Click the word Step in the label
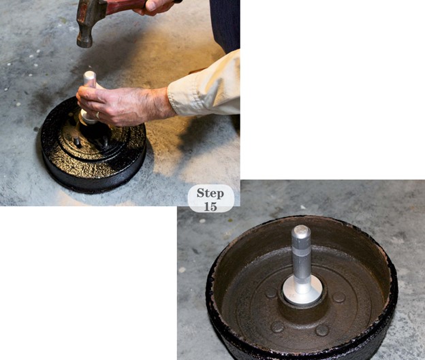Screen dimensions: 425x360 click(x=210, y=193)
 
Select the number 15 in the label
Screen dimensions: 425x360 click(x=210, y=206)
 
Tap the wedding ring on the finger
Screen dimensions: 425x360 click(x=97, y=116)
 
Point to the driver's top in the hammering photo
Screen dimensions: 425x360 click(x=90, y=74)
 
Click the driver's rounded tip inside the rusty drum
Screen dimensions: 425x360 click(x=301, y=230)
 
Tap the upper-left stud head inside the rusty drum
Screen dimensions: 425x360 click(x=271, y=293)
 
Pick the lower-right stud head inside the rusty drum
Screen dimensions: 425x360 click(x=323, y=330)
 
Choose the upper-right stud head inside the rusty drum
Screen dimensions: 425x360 click(x=339, y=297)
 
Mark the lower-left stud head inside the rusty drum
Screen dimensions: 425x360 click(x=277, y=327)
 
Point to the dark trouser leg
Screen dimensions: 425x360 click(x=225, y=24)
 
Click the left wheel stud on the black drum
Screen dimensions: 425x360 click(x=77, y=141)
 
